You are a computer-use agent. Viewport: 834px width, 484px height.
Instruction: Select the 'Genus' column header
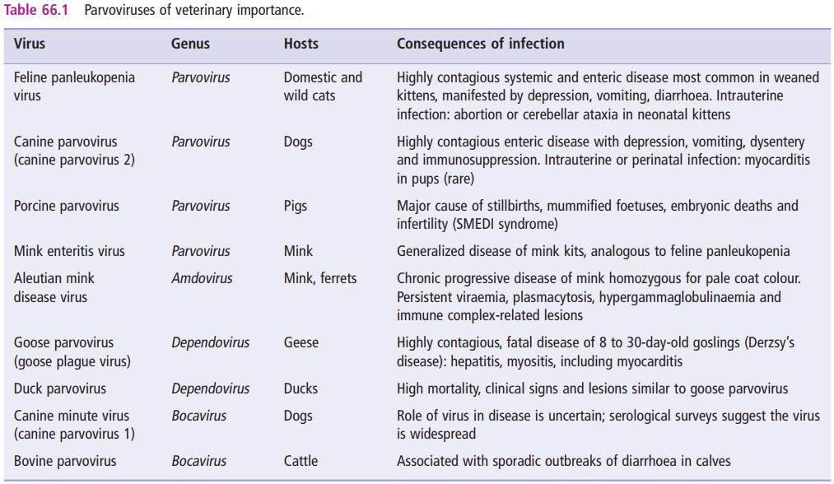(190, 44)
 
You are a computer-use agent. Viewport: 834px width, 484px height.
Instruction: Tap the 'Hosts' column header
(301, 44)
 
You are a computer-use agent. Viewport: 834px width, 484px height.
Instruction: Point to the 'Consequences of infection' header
(481, 44)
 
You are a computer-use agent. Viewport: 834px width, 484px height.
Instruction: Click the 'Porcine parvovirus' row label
(67, 206)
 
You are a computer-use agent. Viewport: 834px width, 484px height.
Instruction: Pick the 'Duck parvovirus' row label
(60, 389)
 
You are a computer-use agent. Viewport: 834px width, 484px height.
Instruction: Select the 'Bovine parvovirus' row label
(65, 461)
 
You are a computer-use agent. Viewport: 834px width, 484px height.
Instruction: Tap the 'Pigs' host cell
(296, 206)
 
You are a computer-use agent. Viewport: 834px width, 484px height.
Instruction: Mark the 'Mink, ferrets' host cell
(320, 278)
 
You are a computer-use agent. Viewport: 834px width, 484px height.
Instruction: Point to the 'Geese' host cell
(301, 342)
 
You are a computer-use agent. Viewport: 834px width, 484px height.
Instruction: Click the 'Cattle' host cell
(301, 461)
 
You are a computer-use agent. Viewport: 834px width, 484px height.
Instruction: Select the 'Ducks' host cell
(301, 389)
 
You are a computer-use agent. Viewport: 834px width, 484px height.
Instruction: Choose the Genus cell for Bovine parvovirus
(199, 461)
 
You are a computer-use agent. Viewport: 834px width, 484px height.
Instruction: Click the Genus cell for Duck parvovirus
(211, 389)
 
